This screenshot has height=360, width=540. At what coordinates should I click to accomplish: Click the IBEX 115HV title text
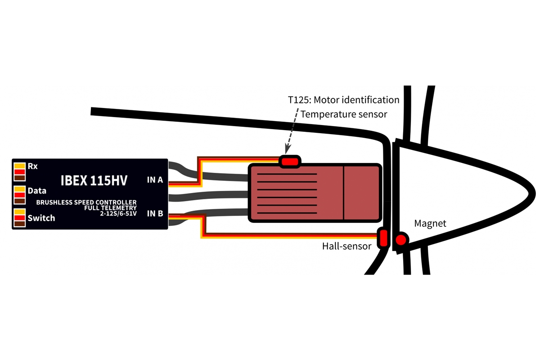[x=94, y=180]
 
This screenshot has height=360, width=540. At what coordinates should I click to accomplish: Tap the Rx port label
[x=32, y=166]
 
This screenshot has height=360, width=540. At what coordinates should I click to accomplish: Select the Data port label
[x=37, y=191]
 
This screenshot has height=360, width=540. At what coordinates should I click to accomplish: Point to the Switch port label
[x=41, y=218]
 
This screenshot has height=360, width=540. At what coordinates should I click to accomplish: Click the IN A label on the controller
[x=155, y=180]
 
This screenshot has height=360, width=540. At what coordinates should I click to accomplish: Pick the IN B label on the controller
[x=155, y=213]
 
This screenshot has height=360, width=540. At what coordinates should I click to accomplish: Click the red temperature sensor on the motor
[x=290, y=161]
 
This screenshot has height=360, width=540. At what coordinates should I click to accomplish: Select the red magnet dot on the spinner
[x=400, y=241]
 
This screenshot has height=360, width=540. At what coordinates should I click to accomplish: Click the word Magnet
[x=430, y=224]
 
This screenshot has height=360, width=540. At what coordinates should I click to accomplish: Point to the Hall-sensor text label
[x=346, y=246]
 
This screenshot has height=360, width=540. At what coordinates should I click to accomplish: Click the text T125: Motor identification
[x=343, y=99]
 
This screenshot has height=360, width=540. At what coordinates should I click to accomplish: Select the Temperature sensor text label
[x=344, y=114]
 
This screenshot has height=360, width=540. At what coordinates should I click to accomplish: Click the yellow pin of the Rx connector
[x=19, y=165]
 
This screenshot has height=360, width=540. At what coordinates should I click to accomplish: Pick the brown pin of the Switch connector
[x=19, y=224]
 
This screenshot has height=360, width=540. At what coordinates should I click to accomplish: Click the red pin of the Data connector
[x=19, y=195]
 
